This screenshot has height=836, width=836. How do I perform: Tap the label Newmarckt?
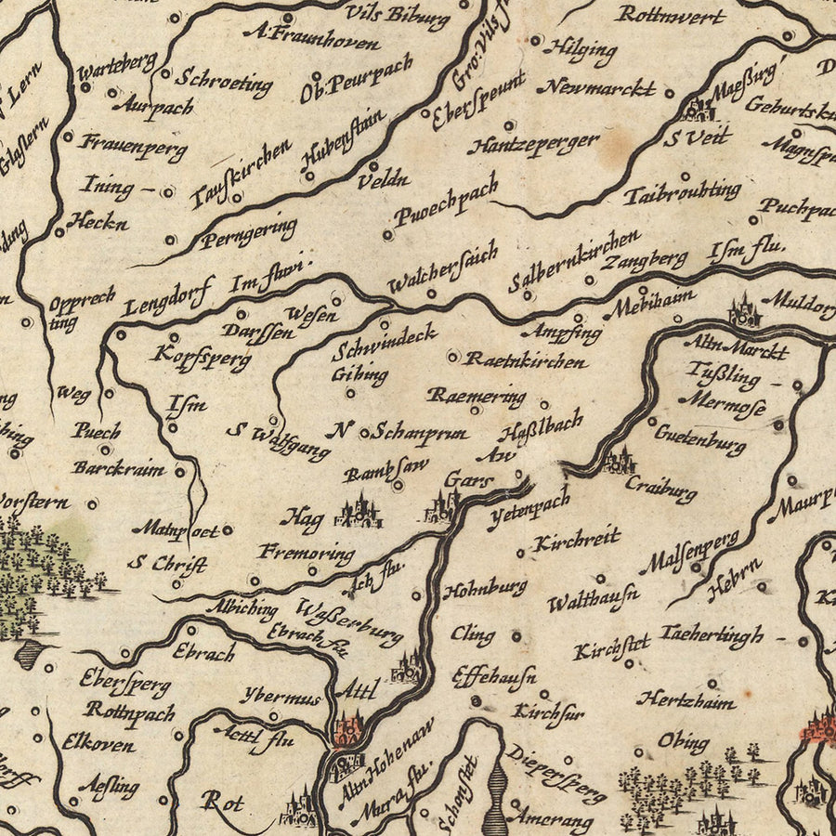[x=596, y=88]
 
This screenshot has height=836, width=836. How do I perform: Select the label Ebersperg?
[x=124, y=684]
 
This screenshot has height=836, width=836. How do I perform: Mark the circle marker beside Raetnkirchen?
[x=452, y=356]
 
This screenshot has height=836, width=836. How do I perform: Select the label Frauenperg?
[x=134, y=145]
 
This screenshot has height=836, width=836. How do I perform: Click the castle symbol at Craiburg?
[x=620, y=460]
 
